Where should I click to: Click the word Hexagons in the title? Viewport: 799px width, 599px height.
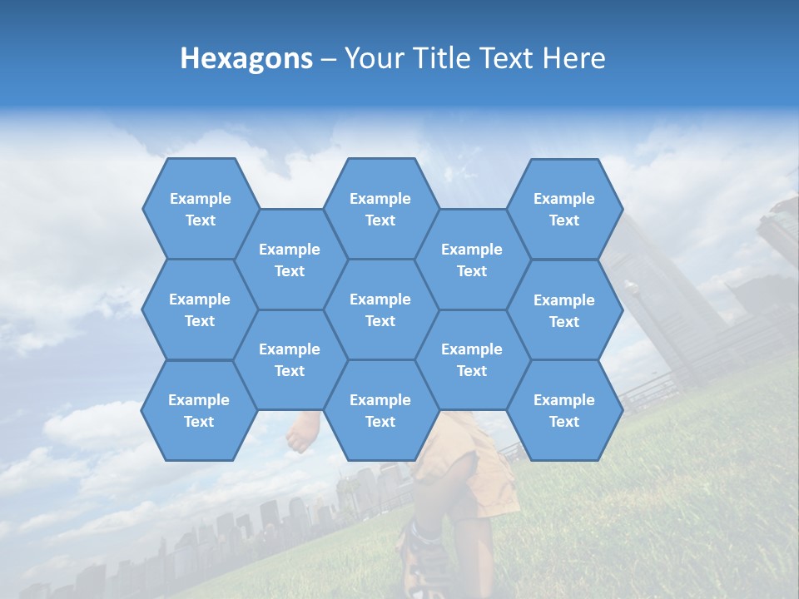click(x=246, y=58)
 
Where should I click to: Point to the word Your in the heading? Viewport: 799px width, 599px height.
click(x=374, y=58)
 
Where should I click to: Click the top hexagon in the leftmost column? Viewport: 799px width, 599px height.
click(x=200, y=209)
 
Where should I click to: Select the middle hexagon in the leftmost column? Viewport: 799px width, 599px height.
click(x=200, y=309)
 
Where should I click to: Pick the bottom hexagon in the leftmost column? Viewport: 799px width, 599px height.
click(x=199, y=410)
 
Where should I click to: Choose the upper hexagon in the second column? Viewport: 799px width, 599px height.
click(x=290, y=260)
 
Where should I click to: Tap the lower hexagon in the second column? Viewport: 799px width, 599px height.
click(x=290, y=359)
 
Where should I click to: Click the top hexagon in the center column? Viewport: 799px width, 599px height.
click(x=380, y=209)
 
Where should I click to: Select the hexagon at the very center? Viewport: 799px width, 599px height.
click(x=380, y=309)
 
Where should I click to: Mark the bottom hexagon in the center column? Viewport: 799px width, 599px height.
click(x=380, y=410)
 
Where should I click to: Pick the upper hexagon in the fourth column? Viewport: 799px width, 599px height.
click(x=472, y=260)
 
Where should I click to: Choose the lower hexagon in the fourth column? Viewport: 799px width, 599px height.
click(x=472, y=359)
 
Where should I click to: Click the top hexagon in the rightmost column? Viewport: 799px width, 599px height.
click(x=564, y=209)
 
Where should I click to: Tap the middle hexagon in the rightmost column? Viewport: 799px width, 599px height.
click(x=564, y=310)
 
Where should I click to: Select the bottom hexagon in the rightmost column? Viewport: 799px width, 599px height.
click(x=564, y=410)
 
